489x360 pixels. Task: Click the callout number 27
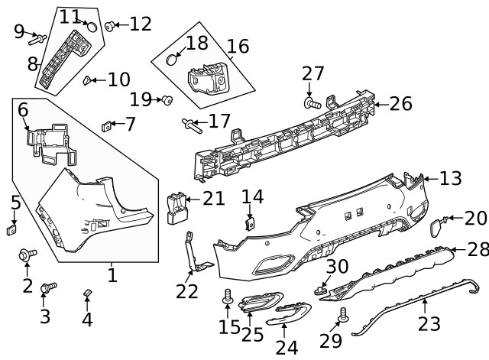[x=313, y=74]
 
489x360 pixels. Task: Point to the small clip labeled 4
[x=87, y=293]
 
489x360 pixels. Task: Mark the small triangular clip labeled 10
[x=89, y=79]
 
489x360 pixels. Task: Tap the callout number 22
[x=187, y=291]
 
